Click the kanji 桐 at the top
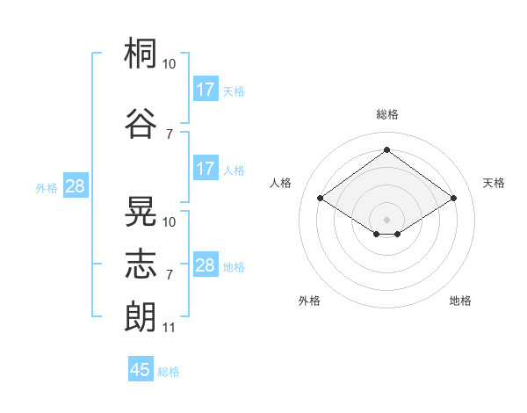coord(141,53)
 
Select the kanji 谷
coord(141,123)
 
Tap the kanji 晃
coord(141,211)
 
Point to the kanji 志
coord(141,264)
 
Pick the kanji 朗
coord(141,316)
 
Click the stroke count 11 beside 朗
coord(169,328)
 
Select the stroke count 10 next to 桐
coord(169,64)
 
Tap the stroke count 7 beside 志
coord(170,275)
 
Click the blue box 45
coord(141,368)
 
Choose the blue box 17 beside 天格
coord(206,89)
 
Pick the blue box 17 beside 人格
coord(206,168)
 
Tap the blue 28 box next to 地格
coord(206,264)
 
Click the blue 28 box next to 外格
coord(76,185)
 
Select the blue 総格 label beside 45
coord(169,372)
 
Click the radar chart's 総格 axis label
coord(387,114)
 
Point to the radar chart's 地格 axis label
coord(460,301)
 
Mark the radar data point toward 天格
coord(453,198)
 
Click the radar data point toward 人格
coord(321,198)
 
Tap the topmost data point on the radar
coord(386,149)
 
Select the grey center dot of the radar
coord(386,220)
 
